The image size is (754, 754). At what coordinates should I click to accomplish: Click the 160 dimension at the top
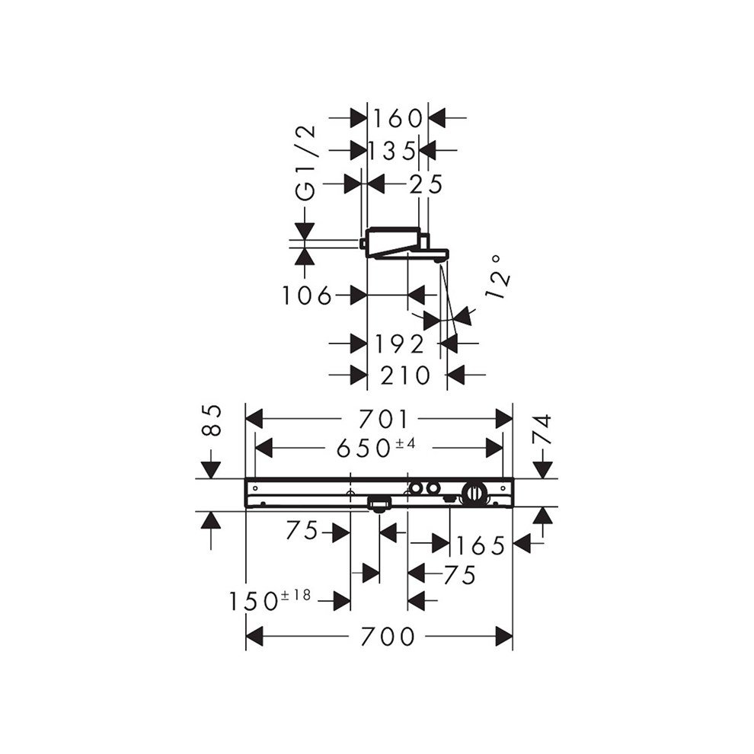point(397,118)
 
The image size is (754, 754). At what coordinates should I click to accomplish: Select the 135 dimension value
point(391,150)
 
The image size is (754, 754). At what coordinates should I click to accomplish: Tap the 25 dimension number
point(425,184)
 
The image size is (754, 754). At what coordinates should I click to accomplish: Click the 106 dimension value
point(307,296)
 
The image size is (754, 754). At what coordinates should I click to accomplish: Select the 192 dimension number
point(399,344)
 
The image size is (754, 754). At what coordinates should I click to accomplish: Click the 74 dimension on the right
point(542,429)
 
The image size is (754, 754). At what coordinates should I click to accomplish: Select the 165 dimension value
point(481,545)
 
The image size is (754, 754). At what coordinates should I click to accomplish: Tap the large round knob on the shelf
point(474,494)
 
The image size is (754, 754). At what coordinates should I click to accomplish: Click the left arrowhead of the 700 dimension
point(254,636)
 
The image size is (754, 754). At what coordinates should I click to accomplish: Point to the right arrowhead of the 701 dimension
point(504,418)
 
